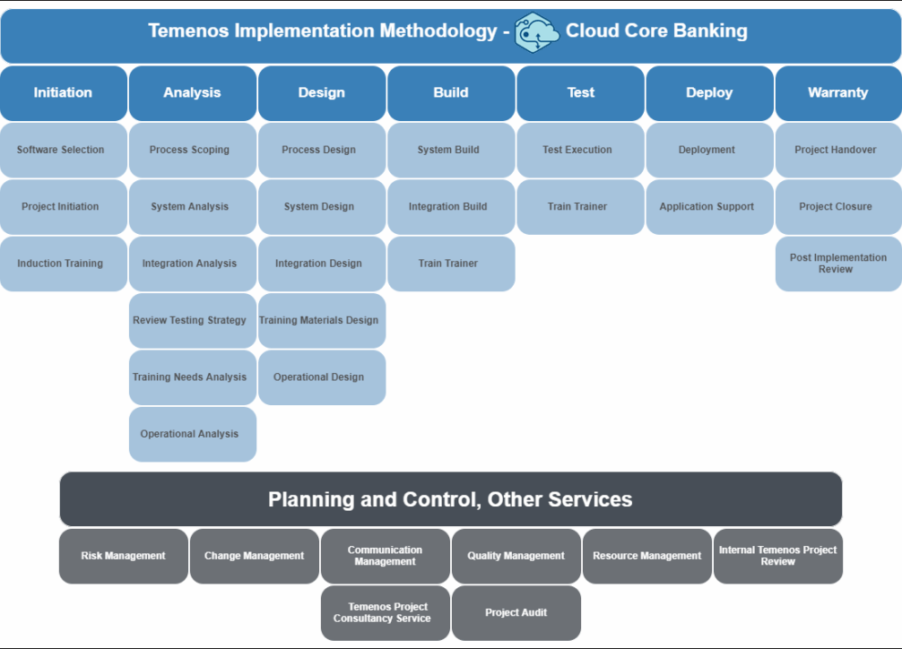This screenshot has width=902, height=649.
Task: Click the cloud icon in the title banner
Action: tap(537, 32)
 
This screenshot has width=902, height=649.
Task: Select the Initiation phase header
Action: tap(63, 92)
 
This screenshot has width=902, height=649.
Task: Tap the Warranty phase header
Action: tap(837, 92)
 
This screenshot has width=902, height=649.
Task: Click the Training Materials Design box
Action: tap(321, 320)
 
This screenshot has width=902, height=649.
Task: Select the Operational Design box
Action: tap(321, 376)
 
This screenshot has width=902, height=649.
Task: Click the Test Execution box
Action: tap(579, 150)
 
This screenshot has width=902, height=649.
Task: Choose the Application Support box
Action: tap(708, 206)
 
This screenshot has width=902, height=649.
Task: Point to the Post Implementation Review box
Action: tap(837, 264)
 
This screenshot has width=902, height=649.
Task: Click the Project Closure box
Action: tap(837, 206)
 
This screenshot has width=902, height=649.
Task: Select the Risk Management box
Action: tap(124, 556)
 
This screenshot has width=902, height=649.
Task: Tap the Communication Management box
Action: tap(386, 556)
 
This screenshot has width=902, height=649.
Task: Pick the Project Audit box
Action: tap(516, 613)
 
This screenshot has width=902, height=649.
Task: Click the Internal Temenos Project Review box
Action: tap(778, 556)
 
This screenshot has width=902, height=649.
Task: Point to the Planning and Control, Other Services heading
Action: tap(450, 499)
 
